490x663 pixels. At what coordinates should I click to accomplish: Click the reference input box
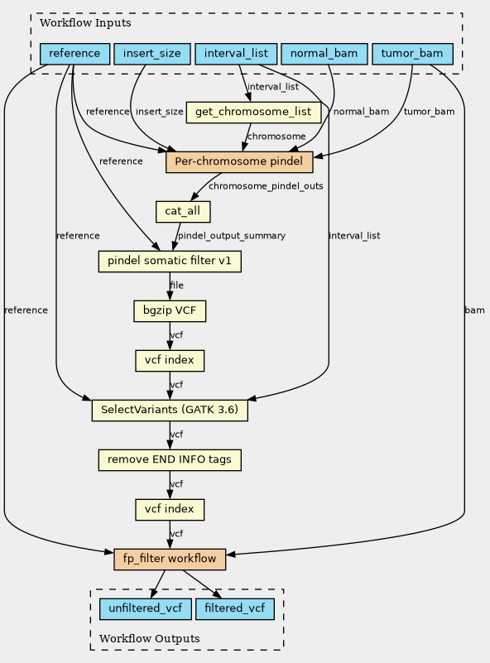coord(74,54)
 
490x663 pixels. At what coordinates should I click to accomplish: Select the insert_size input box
coord(152,54)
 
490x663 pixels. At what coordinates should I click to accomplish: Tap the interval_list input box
coord(236,54)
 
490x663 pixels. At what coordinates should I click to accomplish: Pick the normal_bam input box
coord(324,54)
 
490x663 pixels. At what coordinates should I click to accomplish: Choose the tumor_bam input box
coord(412,54)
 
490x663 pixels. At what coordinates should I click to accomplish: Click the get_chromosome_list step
coord(253,112)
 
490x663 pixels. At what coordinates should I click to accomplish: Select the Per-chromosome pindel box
coord(239,162)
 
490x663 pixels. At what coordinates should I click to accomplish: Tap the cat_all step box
coord(183,211)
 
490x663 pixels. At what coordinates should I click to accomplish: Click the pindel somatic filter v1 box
coord(170,262)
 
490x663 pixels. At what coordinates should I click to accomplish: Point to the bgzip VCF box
coord(170,310)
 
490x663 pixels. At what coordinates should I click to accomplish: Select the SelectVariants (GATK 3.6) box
coord(170,411)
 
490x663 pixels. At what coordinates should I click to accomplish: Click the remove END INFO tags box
coord(170,460)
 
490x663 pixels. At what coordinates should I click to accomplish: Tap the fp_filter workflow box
coord(170,560)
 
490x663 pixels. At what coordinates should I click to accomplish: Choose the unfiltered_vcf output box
coord(146,609)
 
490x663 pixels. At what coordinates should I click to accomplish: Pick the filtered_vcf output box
coord(234,609)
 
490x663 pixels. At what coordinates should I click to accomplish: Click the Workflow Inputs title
coord(85,23)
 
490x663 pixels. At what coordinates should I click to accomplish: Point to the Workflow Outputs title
coord(150,638)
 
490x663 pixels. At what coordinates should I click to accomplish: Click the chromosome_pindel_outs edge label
coord(266,186)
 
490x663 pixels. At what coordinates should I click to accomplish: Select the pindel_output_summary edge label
coord(232,236)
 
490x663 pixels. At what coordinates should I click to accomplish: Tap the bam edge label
coord(474,310)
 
